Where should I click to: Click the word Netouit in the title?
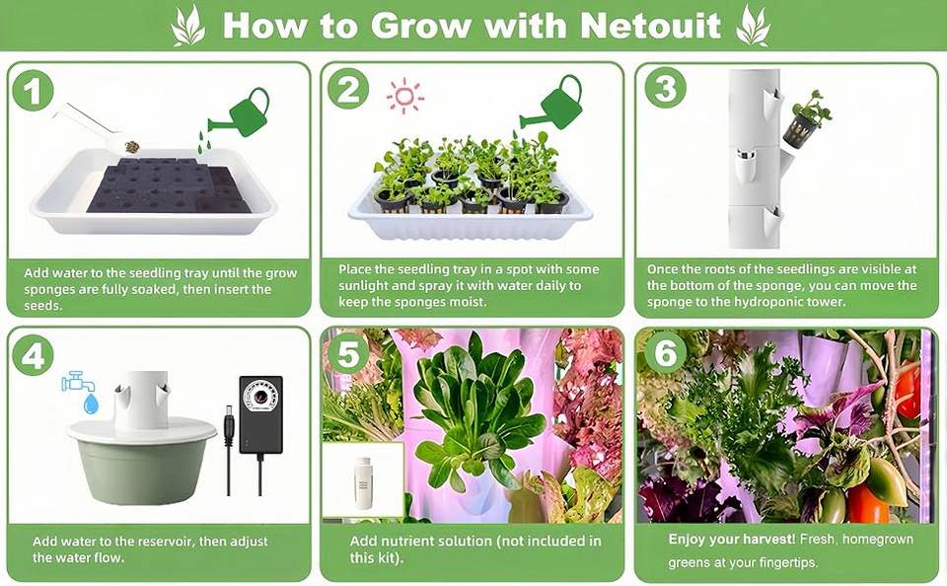click(650, 26)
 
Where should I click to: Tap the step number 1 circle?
click(33, 91)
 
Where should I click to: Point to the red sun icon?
click(404, 96)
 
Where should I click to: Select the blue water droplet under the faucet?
click(91, 403)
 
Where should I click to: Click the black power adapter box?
click(260, 414)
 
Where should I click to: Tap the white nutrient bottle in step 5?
click(362, 482)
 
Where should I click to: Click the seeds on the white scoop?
click(131, 146)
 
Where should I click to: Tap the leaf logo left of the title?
click(187, 26)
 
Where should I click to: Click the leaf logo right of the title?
click(753, 26)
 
